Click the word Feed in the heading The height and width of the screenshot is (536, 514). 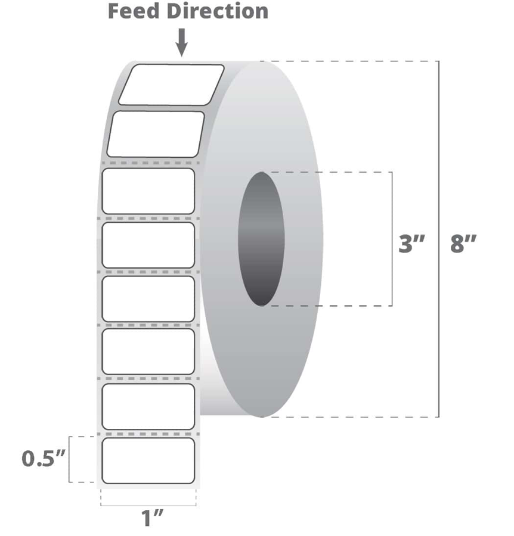tap(134, 11)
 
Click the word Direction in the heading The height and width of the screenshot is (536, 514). tap(218, 11)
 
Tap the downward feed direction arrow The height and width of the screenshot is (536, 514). tap(182, 42)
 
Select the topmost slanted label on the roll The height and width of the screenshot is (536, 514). tap(171, 85)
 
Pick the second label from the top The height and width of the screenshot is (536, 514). tap(156, 134)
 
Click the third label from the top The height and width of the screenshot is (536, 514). tap(148, 191)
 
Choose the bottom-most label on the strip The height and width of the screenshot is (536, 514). tap(148, 460)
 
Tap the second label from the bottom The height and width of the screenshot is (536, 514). tap(148, 407)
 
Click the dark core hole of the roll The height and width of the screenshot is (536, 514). tap(261, 239)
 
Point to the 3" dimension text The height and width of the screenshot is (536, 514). tap(411, 244)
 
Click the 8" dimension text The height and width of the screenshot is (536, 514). tap(463, 244)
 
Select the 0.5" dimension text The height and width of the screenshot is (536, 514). tap(43, 459)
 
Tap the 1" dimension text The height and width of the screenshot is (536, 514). tap(152, 518)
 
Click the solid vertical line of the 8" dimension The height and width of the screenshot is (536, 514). tap(439, 239)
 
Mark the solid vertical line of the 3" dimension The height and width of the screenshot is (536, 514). tap(392, 239)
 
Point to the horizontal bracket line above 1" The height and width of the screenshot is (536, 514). tap(148, 505)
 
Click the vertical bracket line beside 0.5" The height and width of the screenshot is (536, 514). tap(69, 459)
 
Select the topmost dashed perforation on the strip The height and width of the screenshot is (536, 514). tap(151, 163)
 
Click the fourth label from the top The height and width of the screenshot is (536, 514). tap(148, 245)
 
